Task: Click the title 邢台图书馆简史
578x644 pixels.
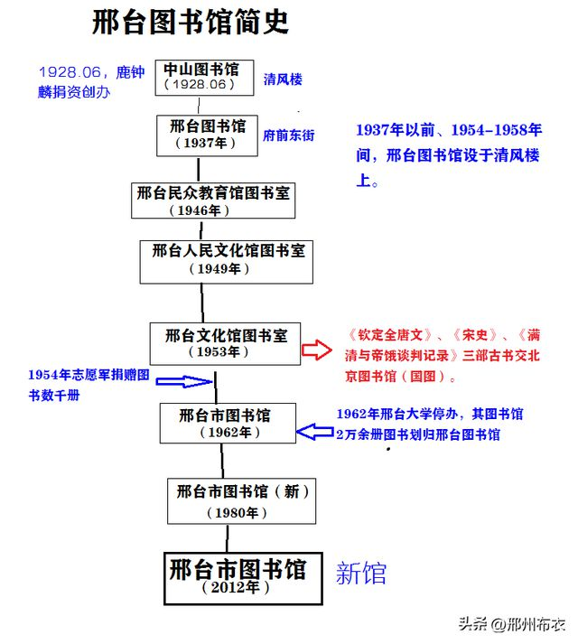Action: (191, 23)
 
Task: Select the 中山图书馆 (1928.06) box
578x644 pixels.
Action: (201, 76)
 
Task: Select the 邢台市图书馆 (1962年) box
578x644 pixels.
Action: (226, 424)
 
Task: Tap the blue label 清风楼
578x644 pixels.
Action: (283, 79)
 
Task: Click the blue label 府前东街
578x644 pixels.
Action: (289, 135)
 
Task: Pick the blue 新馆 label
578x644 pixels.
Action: (361, 574)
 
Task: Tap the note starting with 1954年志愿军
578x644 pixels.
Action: (87, 384)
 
